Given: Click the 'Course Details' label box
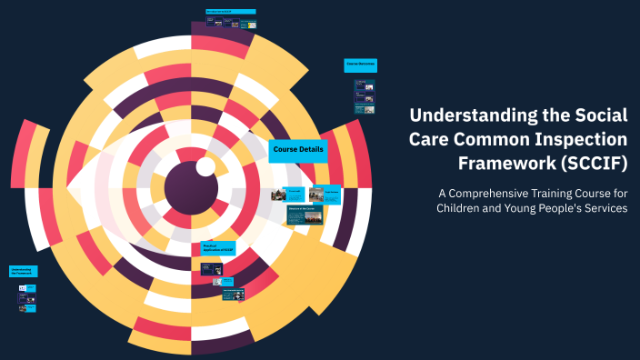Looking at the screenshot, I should coord(298,150).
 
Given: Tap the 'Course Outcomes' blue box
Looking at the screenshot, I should coord(360,65).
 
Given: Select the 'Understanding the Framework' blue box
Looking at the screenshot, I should coord(23,271).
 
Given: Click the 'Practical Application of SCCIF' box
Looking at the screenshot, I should coord(217,248).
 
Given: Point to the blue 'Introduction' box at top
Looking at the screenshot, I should coord(231,12).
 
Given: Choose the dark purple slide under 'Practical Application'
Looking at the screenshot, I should coord(212,268).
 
